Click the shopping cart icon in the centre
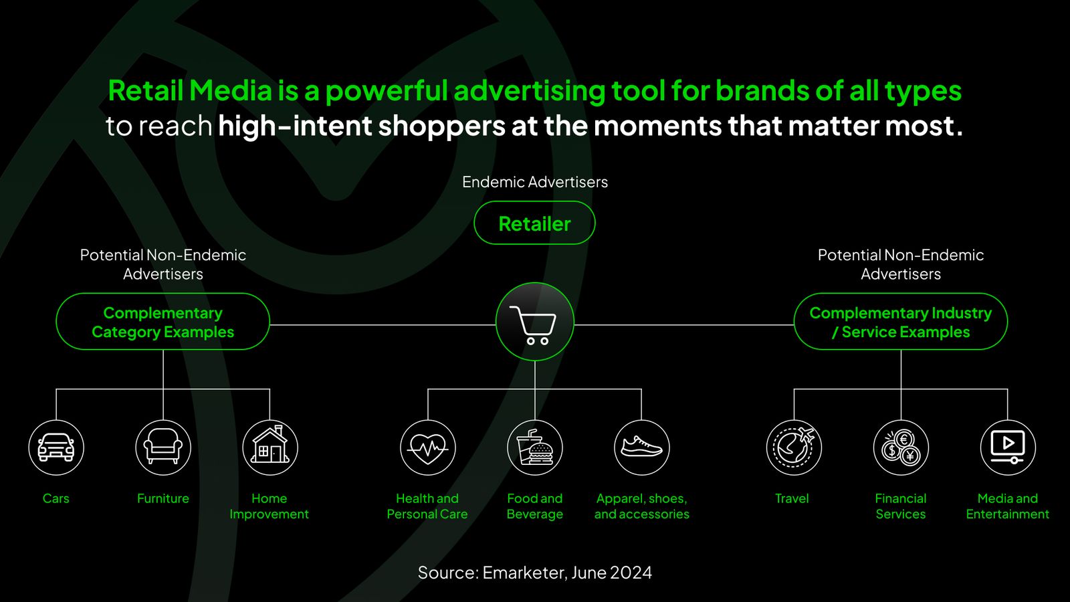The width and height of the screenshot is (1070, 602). click(x=534, y=322)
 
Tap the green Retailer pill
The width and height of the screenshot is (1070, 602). click(x=534, y=223)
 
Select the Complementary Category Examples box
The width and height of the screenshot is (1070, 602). click(x=163, y=322)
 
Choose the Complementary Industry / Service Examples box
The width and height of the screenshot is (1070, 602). click(x=901, y=322)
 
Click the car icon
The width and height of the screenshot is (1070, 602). click(x=56, y=447)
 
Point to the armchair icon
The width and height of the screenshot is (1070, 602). click(x=163, y=447)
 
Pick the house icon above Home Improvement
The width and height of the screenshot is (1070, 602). click(x=270, y=447)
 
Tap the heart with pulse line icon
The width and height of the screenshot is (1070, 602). click(x=427, y=447)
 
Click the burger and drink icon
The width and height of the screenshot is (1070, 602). click(x=534, y=447)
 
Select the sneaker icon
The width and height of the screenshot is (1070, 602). click(x=641, y=447)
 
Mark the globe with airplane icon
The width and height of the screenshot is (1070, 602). click(x=794, y=447)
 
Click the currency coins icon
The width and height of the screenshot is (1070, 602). click(x=901, y=447)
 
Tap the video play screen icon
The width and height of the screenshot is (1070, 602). click(x=1008, y=447)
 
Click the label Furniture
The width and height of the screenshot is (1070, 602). click(x=163, y=498)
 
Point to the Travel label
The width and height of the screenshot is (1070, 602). click(x=792, y=498)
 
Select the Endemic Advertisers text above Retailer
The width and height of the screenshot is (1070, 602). click(x=535, y=182)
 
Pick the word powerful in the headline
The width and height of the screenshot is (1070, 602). click(x=387, y=91)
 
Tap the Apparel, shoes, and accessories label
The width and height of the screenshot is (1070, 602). click(x=641, y=506)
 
